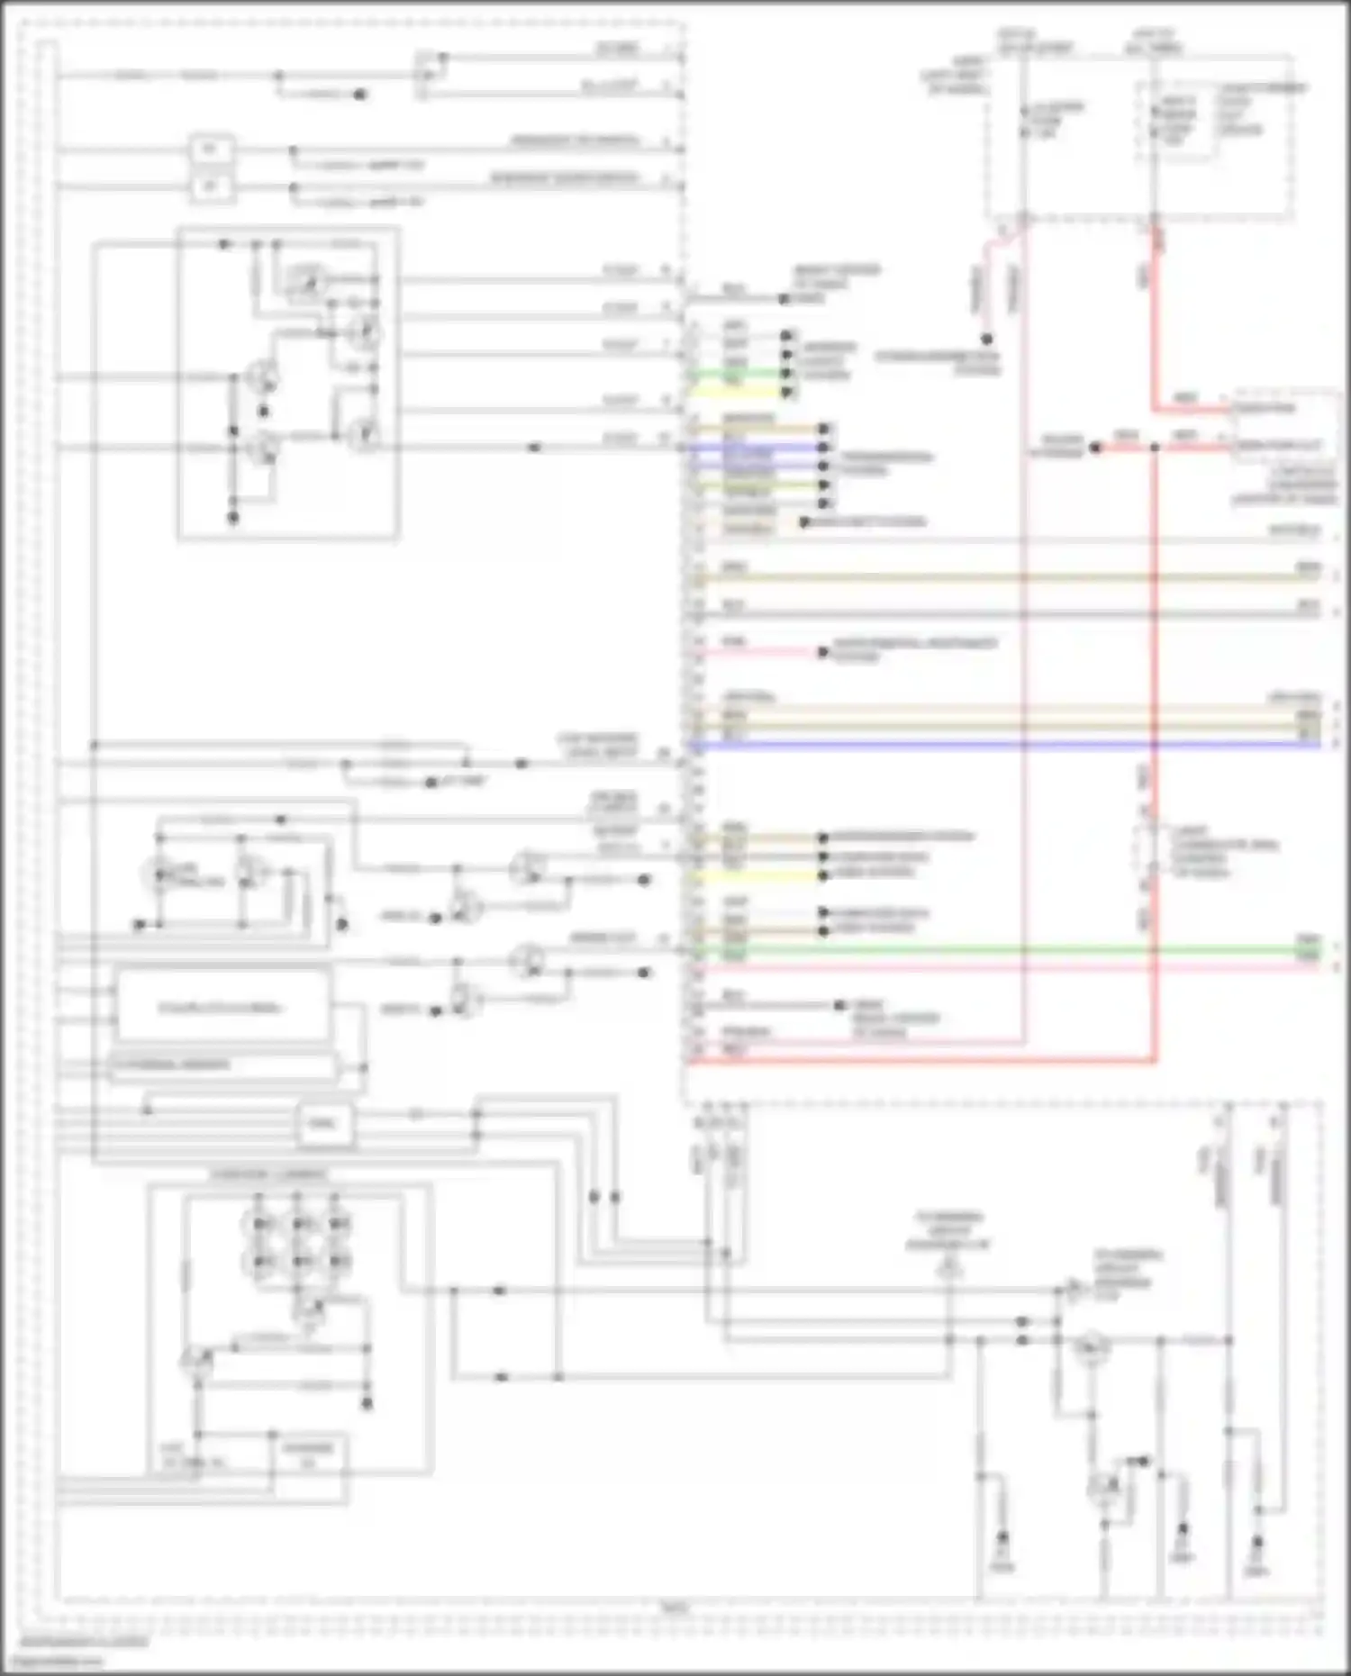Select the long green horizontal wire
tap(991, 950)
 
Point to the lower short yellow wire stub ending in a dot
tap(757, 874)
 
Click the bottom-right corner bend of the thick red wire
tap(1155, 1061)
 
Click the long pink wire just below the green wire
tap(991, 967)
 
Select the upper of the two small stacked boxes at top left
tap(211, 149)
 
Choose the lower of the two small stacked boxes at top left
tap(211, 187)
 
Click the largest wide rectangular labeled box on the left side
tap(222, 1006)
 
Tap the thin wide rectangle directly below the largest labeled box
tap(222, 1065)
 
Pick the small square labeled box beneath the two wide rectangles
tap(324, 1124)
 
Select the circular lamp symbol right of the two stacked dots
tap(1092, 1347)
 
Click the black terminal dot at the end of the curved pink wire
tap(987, 340)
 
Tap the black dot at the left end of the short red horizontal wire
tap(1095, 448)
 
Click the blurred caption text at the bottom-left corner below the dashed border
tap(86, 1641)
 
